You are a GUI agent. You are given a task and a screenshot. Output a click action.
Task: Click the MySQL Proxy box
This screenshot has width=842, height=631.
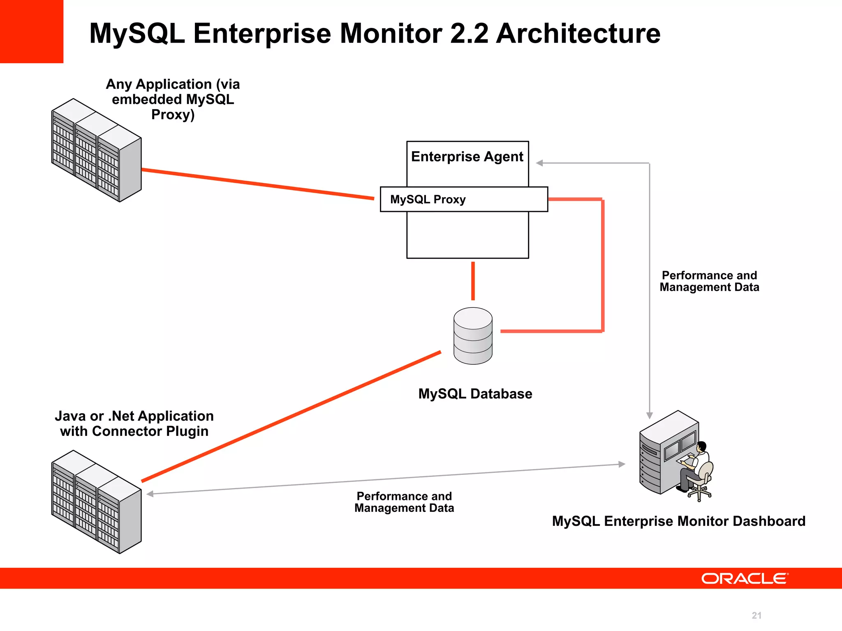click(464, 199)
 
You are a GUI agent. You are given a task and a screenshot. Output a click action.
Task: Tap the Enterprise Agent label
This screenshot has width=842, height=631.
click(467, 157)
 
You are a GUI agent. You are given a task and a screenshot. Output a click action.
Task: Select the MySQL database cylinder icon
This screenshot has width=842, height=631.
click(473, 336)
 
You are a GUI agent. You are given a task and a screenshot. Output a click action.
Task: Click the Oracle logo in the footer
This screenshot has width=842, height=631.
click(745, 578)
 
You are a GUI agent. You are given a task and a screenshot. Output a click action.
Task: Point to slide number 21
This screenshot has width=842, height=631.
click(756, 615)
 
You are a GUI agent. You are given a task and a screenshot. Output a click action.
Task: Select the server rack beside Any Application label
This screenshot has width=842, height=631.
click(96, 150)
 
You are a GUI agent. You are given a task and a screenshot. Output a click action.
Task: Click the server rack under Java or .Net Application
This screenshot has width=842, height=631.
click(96, 502)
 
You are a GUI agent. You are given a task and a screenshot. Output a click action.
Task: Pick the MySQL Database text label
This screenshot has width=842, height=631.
click(475, 394)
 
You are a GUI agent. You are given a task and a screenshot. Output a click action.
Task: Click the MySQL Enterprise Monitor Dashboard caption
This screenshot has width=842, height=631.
click(678, 521)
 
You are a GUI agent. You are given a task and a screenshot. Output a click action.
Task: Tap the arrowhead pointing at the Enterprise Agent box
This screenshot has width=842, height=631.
click(539, 163)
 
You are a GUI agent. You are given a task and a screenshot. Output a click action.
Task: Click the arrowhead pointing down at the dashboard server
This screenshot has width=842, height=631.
click(650, 415)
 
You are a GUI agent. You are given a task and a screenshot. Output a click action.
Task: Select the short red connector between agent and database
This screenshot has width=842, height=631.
click(473, 281)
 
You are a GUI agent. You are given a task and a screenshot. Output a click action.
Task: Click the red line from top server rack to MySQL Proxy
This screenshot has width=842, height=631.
click(258, 184)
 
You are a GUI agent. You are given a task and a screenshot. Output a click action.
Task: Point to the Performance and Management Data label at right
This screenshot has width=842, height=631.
click(709, 281)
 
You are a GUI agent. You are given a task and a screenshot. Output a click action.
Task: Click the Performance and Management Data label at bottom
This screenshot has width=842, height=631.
click(404, 502)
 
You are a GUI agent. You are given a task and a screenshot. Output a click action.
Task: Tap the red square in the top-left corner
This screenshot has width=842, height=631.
click(31, 31)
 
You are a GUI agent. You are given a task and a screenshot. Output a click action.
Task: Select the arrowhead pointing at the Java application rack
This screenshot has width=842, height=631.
click(150, 494)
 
